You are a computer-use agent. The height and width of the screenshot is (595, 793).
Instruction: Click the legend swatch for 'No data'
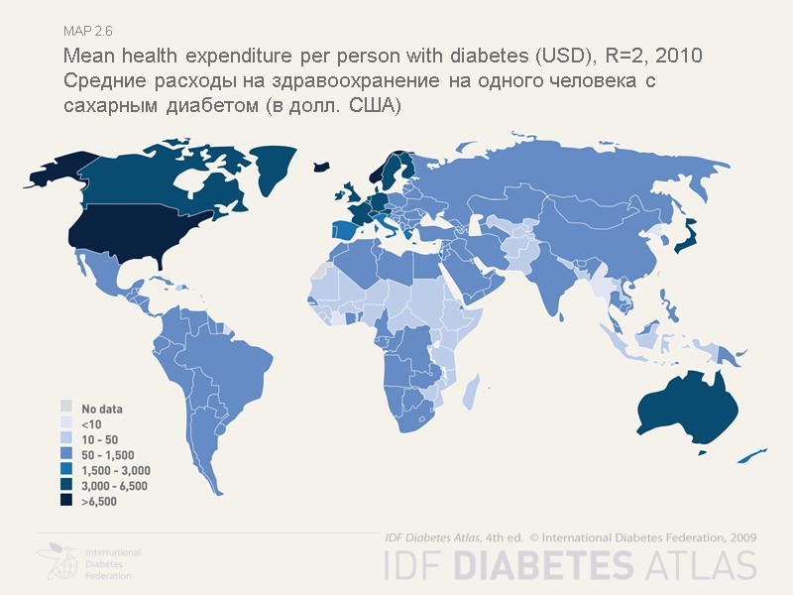pos(66,407)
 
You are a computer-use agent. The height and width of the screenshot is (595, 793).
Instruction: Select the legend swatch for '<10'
pos(66,422)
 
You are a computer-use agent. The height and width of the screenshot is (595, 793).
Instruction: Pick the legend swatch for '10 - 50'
pos(66,438)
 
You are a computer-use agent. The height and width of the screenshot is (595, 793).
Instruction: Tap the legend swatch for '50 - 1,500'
pos(66,454)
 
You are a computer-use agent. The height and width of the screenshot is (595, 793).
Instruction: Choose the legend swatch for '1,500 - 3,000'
pos(66,470)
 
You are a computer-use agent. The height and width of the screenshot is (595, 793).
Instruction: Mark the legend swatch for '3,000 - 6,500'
pos(66,486)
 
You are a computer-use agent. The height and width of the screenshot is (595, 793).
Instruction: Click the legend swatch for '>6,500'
pos(66,502)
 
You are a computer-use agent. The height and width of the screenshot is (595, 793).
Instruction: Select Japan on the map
pos(686,237)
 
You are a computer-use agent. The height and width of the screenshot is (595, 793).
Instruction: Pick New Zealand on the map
pos(750,455)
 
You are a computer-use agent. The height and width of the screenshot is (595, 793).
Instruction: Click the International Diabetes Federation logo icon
pos(57,561)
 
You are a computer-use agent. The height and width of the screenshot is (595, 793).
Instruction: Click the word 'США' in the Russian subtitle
pos(373,105)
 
